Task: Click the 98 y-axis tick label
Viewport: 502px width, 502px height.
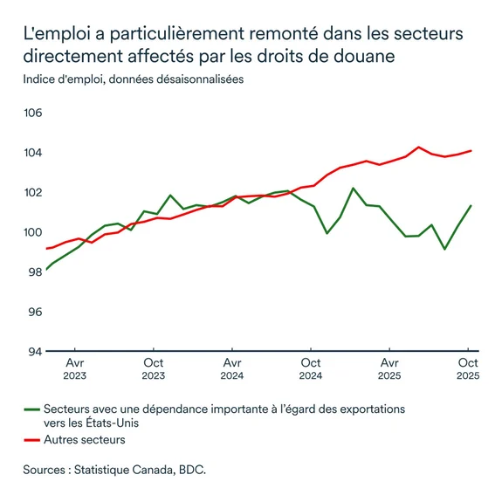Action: coord(35,272)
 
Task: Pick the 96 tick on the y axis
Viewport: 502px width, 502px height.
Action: coord(35,312)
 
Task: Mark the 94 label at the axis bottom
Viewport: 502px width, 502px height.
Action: coord(35,351)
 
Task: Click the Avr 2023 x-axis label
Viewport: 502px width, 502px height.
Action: coord(74,369)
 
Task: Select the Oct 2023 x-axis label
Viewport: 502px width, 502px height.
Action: coord(153,369)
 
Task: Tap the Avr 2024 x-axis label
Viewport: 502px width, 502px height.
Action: coord(232,369)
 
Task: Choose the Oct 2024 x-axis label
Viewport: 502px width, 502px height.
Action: coord(311,369)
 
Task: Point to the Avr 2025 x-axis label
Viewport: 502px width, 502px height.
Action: coord(390,369)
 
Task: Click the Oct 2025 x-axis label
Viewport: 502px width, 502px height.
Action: coord(469,369)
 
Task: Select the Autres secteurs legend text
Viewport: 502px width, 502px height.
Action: coord(85,440)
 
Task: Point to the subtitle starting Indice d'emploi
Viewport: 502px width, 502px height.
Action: coord(133,79)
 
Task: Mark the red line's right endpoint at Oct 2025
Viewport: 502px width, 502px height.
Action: coord(471,150)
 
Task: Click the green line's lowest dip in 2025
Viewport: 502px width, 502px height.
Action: coord(445,249)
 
